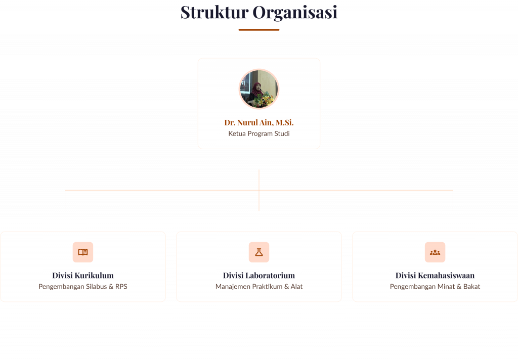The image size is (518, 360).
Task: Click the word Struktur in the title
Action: click(x=214, y=12)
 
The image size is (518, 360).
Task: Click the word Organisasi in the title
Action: click(x=295, y=12)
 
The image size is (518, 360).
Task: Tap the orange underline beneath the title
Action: click(x=259, y=30)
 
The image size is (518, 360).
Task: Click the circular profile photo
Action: click(x=259, y=89)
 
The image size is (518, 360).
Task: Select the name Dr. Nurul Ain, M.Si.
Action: click(x=259, y=122)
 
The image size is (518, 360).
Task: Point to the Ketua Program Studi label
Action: click(x=259, y=134)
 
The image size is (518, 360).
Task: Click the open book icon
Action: click(x=83, y=252)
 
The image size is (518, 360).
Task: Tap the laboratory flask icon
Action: click(x=259, y=252)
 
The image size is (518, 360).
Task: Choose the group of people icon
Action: click(x=435, y=252)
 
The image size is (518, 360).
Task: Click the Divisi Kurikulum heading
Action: click(x=83, y=276)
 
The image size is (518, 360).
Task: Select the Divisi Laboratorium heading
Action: click(x=259, y=276)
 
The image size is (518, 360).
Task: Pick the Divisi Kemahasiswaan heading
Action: click(x=435, y=276)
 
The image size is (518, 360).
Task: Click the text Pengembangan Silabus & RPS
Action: click(x=83, y=287)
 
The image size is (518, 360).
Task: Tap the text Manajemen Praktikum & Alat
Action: click(x=259, y=287)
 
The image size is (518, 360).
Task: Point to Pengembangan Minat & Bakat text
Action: click(x=435, y=287)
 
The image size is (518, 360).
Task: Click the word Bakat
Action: click(x=471, y=287)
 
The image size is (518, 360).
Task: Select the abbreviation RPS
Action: click(x=121, y=287)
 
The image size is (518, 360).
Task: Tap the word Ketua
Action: click(x=237, y=134)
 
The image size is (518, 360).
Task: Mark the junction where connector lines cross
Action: click(x=259, y=190)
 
